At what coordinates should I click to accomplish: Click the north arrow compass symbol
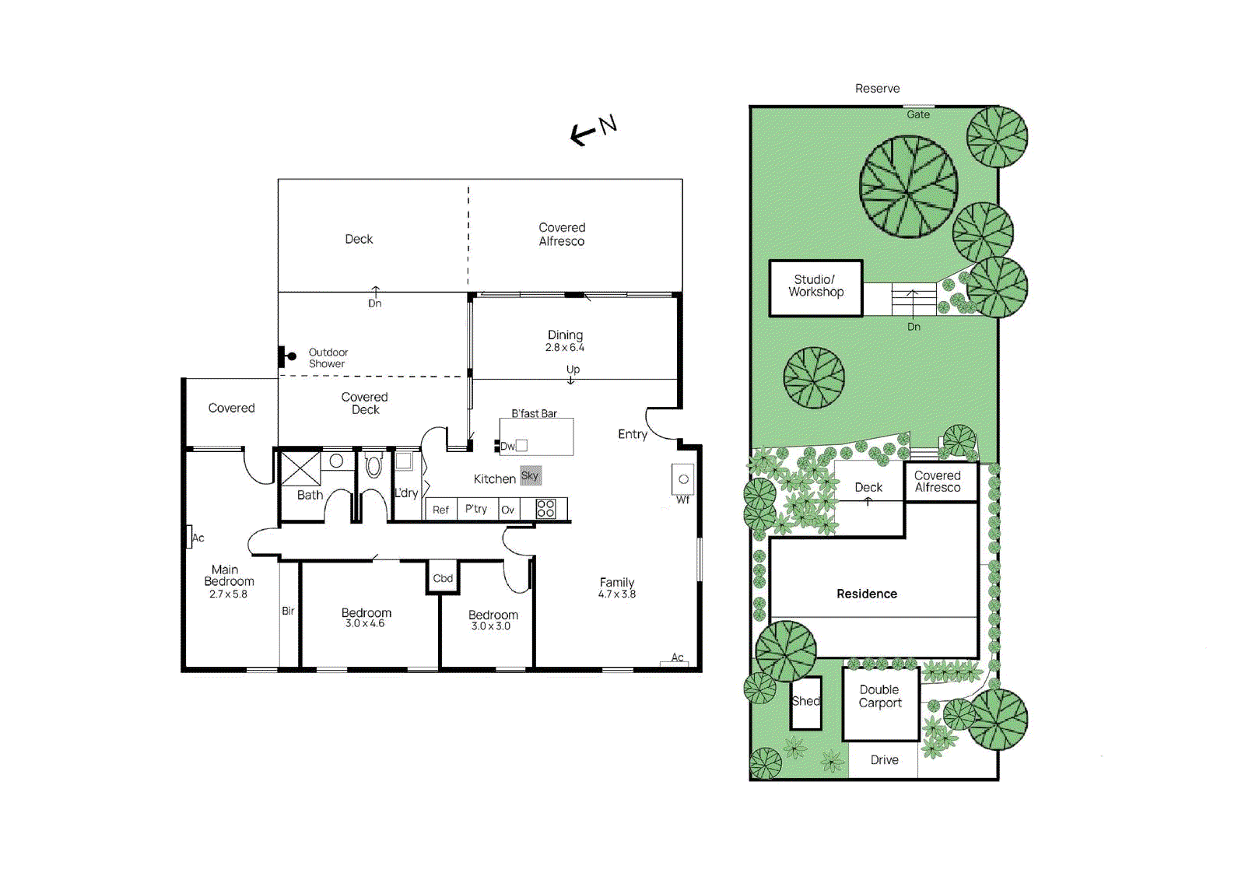[x=593, y=130]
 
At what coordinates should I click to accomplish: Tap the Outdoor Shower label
[x=328, y=358]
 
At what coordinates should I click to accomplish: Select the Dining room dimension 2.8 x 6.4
[x=564, y=348]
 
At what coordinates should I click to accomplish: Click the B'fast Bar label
[x=534, y=413]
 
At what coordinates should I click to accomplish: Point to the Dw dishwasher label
[x=507, y=446]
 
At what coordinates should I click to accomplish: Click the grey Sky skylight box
[x=530, y=475]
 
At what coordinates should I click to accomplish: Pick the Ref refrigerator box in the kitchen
[x=440, y=510]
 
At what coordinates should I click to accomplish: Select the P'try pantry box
[x=476, y=509]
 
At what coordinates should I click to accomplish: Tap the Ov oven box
[x=507, y=510]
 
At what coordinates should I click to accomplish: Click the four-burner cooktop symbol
[x=545, y=509]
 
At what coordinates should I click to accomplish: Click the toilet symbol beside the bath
[x=373, y=466]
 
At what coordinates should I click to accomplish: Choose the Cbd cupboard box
[x=443, y=578]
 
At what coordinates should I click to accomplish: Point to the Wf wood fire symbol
[x=682, y=479]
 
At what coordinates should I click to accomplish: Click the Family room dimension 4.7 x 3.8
[x=616, y=594]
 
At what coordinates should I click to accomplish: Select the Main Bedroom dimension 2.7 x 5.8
[x=228, y=594]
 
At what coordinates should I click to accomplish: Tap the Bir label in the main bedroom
[x=288, y=611]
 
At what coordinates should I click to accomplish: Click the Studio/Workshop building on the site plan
[x=815, y=287]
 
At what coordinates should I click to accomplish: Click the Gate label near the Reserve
[x=918, y=114]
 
